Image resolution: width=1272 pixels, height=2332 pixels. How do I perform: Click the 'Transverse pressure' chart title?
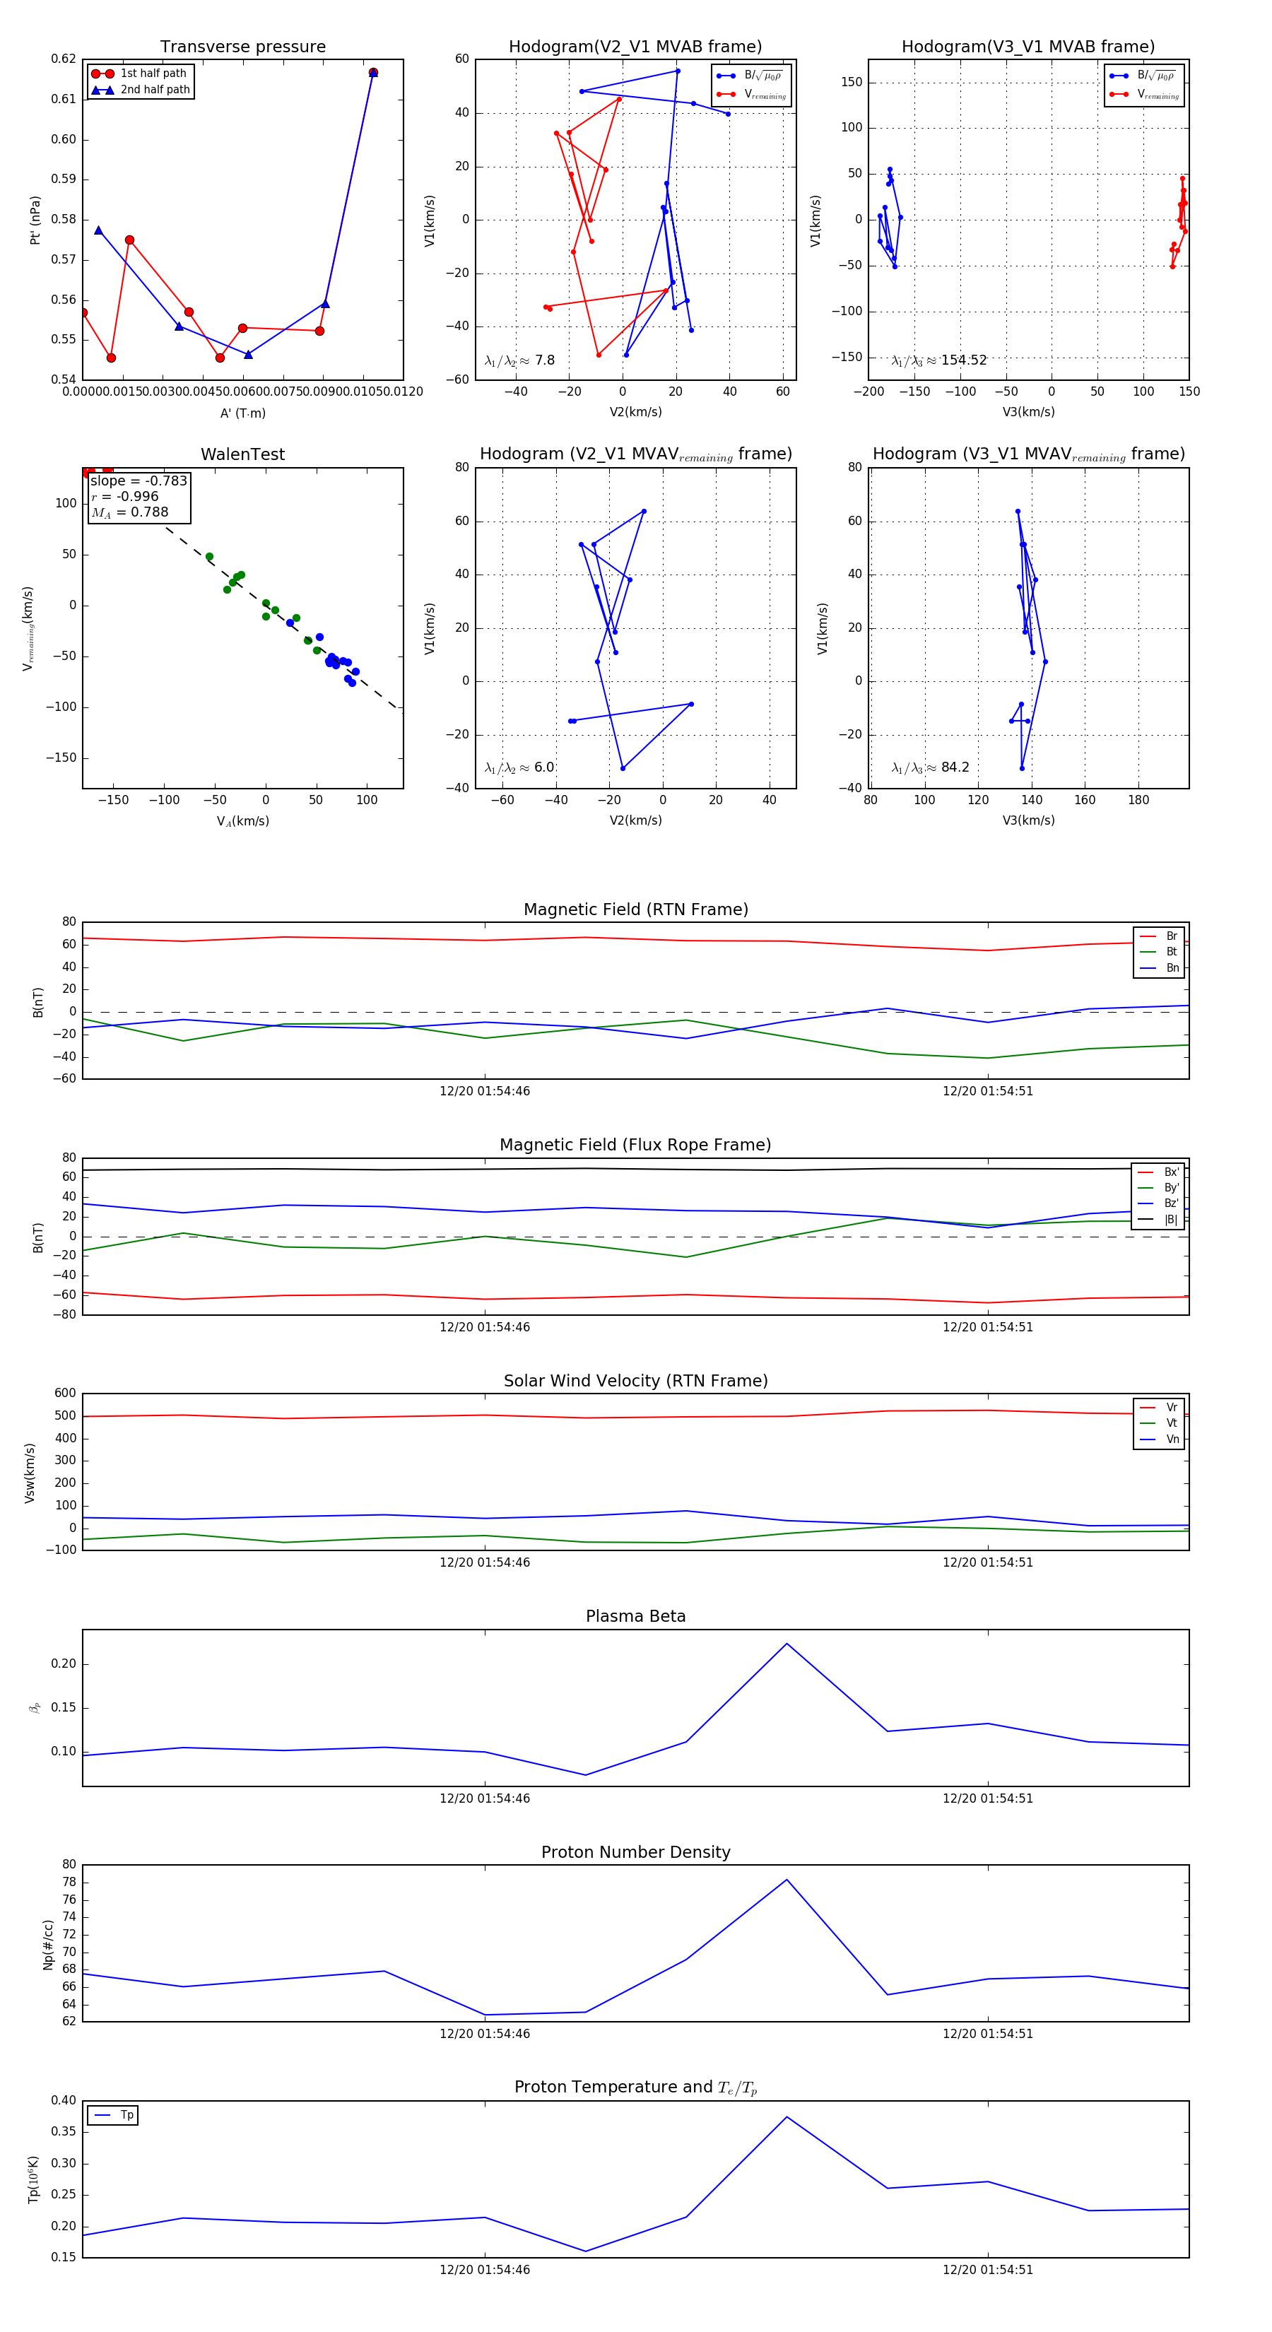[242, 47]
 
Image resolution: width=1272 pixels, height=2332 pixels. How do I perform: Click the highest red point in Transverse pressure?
[373, 72]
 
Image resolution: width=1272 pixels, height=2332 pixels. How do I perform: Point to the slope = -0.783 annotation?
[139, 481]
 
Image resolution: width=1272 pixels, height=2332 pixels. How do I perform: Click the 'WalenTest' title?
[242, 454]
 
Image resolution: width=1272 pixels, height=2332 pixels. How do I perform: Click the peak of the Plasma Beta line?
[787, 1643]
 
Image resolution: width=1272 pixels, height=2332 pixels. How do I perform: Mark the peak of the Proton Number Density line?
[787, 1879]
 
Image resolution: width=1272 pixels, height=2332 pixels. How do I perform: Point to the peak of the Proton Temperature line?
[787, 2116]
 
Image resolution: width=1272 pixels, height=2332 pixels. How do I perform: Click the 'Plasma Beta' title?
[635, 1616]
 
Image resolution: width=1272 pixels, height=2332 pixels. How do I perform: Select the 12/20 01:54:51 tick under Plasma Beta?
[987, 1798]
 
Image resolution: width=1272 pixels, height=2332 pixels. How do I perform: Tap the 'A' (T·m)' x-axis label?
[242, 413]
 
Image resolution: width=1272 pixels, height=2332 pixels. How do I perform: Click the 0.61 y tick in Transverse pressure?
[64, 100]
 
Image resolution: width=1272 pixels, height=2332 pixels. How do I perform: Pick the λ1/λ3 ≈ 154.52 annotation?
[939, 360]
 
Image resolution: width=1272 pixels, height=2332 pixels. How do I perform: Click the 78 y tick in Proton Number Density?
[69, 1882]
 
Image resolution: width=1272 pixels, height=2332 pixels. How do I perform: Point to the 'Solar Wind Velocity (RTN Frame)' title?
[635, 1381]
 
